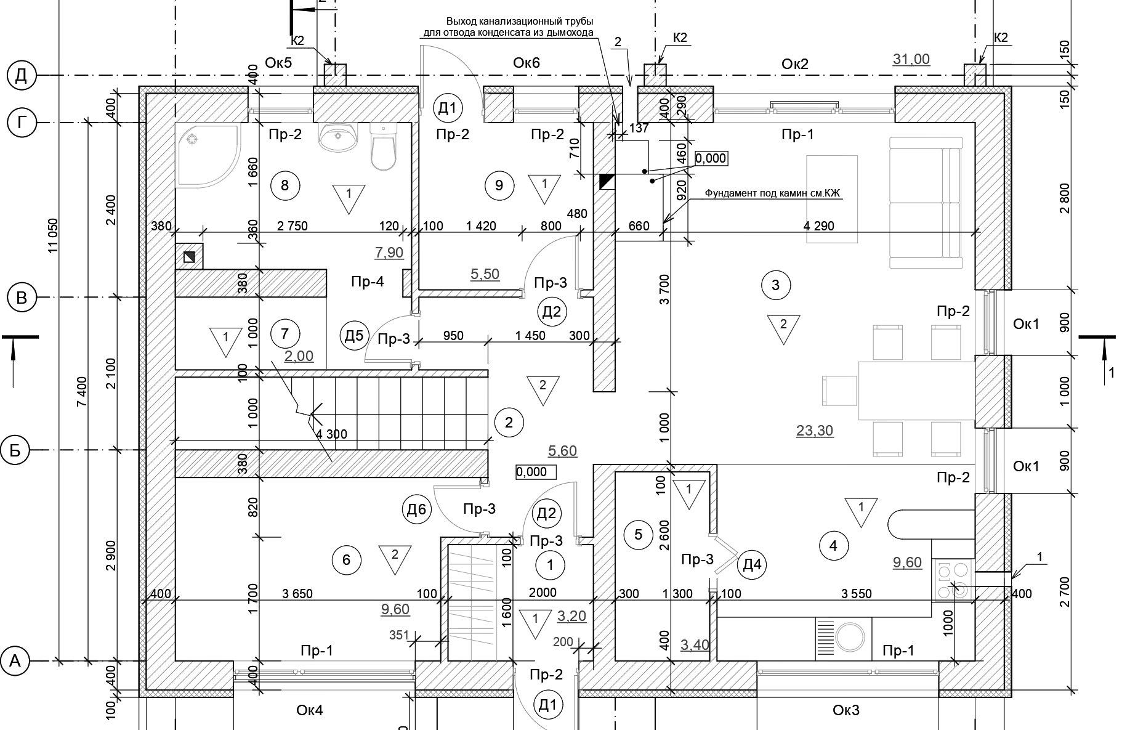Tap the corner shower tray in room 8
coord(207,155)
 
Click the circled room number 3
coord(775,285)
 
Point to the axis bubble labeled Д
coord(21,76)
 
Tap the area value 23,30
coord(815,431)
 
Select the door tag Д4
coord(753,564)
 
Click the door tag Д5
coord(354,336)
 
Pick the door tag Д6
coord(417,509)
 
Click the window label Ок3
coord(846,710)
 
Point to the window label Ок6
coord(527,63)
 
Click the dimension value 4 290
coord(819,226)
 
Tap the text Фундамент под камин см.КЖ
coord(773,193)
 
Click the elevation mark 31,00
coord(911,59)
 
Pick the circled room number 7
coord(285,334)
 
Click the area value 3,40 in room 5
coord(695,646)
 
